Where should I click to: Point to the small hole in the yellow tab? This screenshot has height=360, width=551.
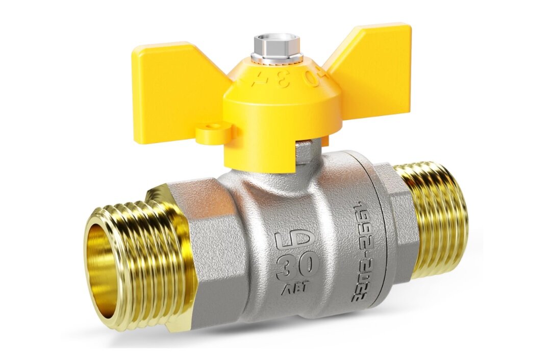214,126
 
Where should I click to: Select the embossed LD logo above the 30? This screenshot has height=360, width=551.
297,240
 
